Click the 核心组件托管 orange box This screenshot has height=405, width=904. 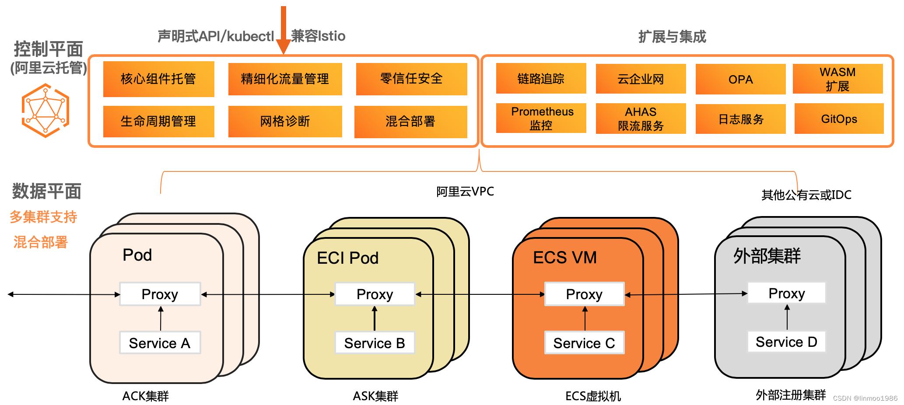coord(158,79)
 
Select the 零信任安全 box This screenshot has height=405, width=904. coord(411,79)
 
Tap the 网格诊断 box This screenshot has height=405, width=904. coord(285,121)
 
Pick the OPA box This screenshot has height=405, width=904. coord(740,79)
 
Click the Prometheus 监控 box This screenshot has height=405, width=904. coord(541,118)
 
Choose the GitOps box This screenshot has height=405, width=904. coord(839,119)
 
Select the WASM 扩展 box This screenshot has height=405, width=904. coord(837,79)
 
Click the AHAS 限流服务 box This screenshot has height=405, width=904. coord(641,119)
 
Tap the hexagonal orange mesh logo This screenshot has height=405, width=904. coord(46,110)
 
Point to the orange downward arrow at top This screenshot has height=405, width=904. coord(284,31)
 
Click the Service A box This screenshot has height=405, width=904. coord(160,342)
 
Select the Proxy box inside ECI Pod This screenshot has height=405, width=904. coord(375,294)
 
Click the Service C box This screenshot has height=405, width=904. coord(584,342)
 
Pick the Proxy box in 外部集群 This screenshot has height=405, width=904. coord(786,293)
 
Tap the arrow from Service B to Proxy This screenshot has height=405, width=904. coord(375,318)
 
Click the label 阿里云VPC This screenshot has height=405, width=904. coord(465,192)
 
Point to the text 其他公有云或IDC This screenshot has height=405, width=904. coord(806,195)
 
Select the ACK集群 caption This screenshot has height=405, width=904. coord(145,396)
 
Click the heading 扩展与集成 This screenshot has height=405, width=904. coord(672,37)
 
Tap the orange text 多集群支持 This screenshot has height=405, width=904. coord(43,216)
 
